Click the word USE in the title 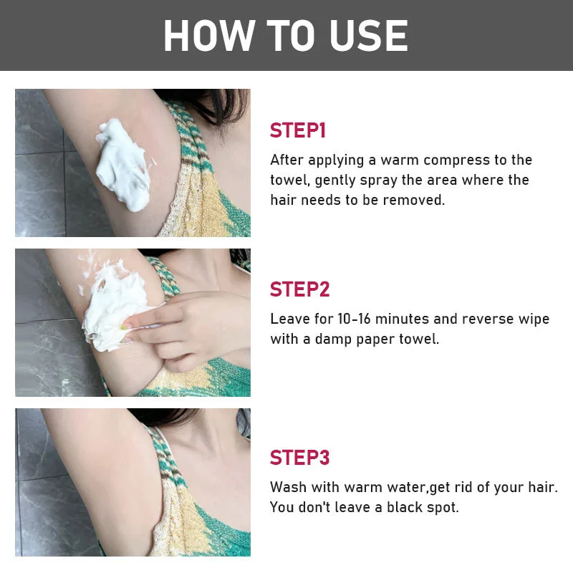(368, 35)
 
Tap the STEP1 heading (297, 130)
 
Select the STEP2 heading (299, 289)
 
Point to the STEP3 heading (299, 457)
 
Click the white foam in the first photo (122, 164)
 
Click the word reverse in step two (488, 319)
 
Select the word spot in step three (443, 508)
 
